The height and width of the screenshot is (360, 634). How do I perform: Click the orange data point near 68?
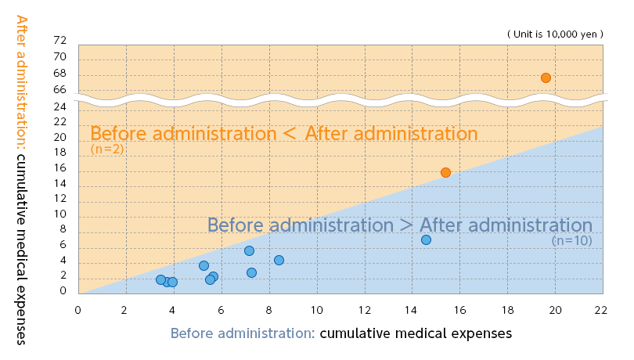[x=546, y=77]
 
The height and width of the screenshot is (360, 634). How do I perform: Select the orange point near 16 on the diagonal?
[x=445, y=173]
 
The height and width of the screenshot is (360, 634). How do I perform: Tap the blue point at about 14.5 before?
[x=426, y=239]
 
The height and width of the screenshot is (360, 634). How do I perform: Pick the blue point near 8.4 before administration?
[x=279, y=260]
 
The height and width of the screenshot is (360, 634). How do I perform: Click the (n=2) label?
[x=107, y=149]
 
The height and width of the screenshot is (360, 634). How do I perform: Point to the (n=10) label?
[x=571, y=241]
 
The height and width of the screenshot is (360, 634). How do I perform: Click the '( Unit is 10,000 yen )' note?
[x=555, y=34]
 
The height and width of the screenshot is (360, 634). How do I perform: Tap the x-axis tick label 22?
[x=601, y=310]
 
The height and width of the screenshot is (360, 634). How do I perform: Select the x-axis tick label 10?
[x=316, y=310]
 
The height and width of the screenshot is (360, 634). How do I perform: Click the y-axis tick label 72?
[x=59, y=40]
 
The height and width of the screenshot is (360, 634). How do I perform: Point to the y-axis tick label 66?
[x=59, y=90]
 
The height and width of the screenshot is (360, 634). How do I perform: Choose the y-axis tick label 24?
[x=59, y=106]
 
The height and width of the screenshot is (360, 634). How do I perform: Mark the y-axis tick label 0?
[x=63, y=290]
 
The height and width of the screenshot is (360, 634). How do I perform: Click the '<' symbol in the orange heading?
[x=290, y=134]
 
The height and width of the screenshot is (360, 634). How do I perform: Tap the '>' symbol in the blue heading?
[x=406, y=225]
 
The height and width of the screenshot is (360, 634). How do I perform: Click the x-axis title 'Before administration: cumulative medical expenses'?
[x=341, y=333]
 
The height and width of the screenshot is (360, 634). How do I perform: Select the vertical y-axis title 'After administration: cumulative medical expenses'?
[x=21, y=180]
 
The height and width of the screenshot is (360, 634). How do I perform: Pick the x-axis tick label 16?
[x=460, y=310]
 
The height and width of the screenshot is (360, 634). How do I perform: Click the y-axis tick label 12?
[x=59, y=199]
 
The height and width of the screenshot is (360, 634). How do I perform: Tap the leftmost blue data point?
[x=160, y=279]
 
